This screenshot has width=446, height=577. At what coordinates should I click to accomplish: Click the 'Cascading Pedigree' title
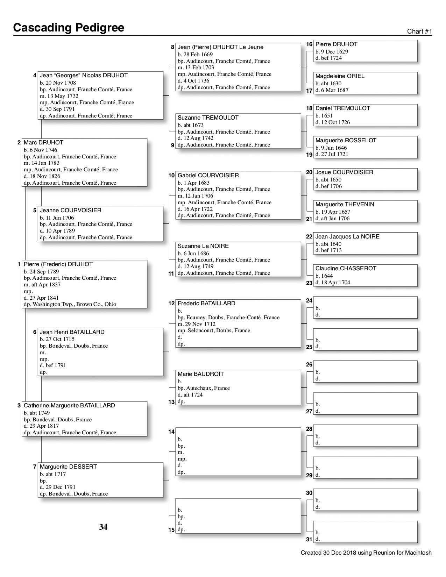(69, 28)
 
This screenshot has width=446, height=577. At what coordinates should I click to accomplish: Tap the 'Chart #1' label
(419, 31)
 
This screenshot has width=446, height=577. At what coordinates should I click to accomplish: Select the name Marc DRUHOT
(43, 143)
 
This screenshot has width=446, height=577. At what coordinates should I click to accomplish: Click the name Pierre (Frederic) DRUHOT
(58, 264)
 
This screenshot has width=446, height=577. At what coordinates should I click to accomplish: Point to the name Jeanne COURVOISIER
(70, 211)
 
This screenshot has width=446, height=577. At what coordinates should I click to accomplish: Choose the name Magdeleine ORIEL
(340, 76)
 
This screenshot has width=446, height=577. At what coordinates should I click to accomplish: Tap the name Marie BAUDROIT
(200, 374)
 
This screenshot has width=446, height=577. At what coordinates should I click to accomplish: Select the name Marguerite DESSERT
(68, 467)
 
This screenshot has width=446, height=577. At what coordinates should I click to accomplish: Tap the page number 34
(103, 527)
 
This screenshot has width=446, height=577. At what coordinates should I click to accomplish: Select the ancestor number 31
(309, 540)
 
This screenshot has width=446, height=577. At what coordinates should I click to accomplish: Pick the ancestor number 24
(309, 301)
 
